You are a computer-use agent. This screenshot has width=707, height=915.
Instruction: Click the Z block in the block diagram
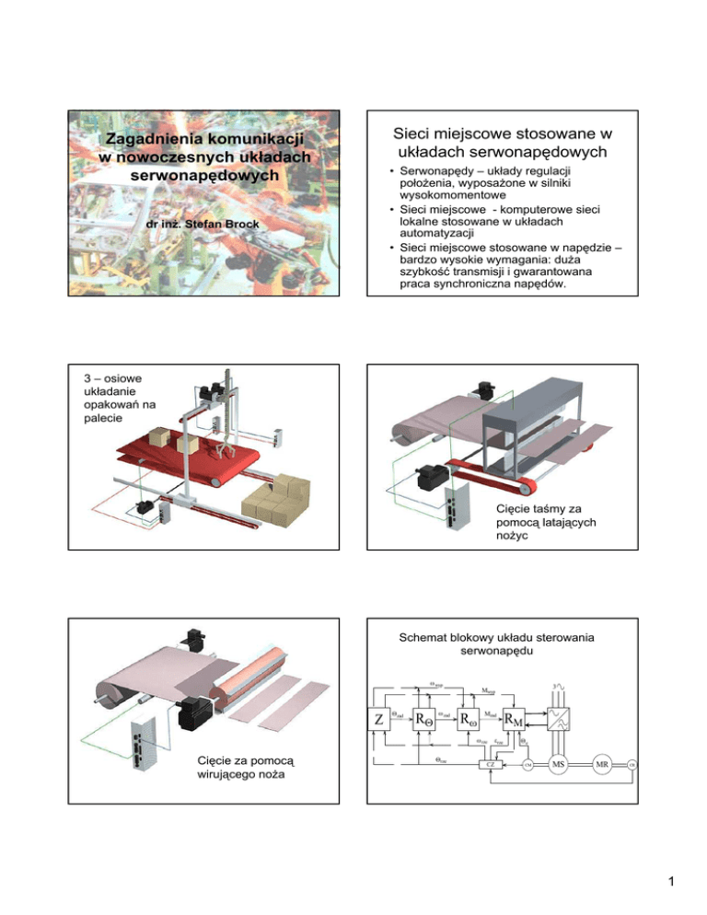point(379,719)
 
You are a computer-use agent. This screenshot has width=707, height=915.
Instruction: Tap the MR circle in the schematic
point(601,763)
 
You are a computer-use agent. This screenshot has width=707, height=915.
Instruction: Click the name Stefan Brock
point(217,223)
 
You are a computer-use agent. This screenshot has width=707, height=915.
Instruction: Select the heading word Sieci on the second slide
point(421,134)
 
